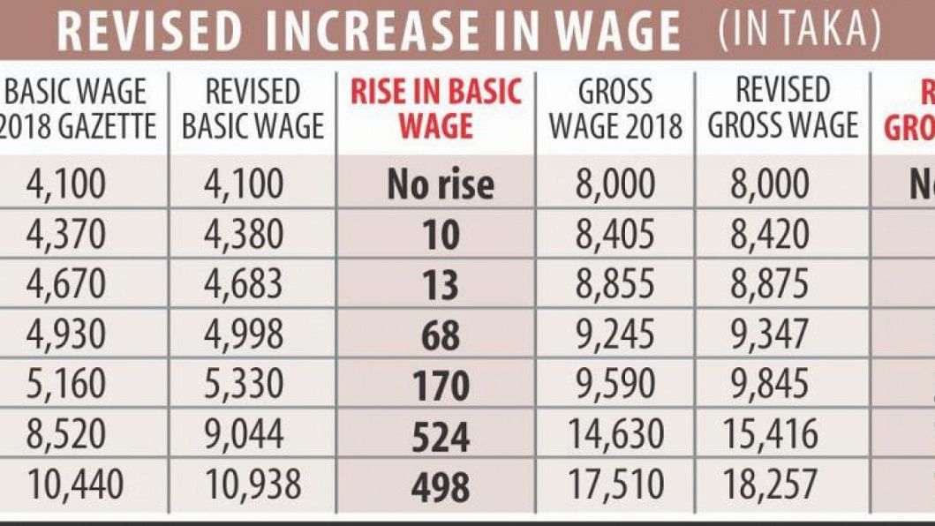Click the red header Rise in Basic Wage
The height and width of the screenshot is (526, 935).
[x=436, y=109]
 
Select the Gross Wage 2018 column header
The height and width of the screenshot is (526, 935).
[x=615, y=109]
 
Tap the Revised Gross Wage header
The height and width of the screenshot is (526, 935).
[x=783, y=109]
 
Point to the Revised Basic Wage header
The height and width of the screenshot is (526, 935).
[x=253, y=109]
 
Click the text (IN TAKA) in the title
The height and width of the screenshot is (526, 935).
[x=798, y=31]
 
